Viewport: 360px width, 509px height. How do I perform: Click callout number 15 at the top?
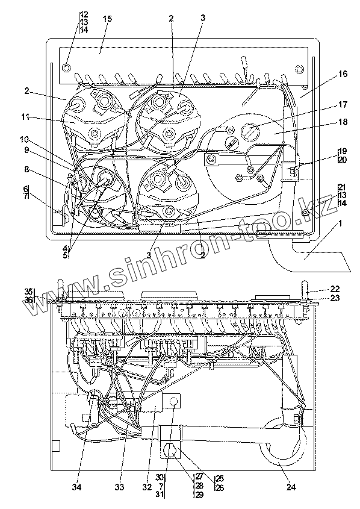107,19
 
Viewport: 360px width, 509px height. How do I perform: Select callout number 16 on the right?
343,74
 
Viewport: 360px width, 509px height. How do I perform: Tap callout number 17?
343,105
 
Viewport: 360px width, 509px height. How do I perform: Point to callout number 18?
343,122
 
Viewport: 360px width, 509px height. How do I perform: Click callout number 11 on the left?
26,116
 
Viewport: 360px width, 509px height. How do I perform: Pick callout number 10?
24,140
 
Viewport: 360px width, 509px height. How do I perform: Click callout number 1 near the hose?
341,223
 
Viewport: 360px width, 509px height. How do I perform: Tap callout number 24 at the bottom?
291,487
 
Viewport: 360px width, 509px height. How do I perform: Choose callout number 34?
77,487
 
